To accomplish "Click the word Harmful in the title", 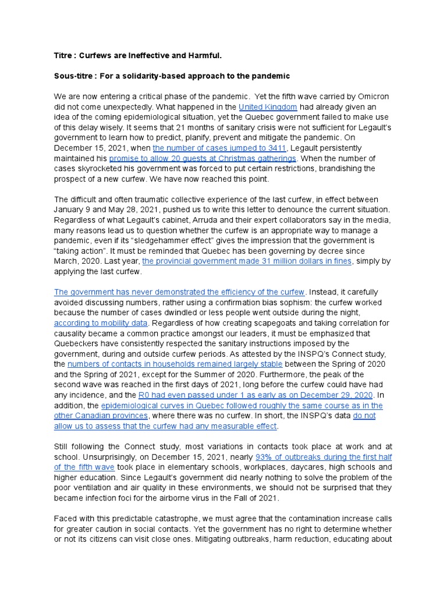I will point(204,55).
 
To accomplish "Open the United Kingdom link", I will point(268,107).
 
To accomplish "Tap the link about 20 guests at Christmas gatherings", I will point(203,158).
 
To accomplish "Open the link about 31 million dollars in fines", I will point(247,261).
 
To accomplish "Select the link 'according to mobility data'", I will point(101,322).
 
